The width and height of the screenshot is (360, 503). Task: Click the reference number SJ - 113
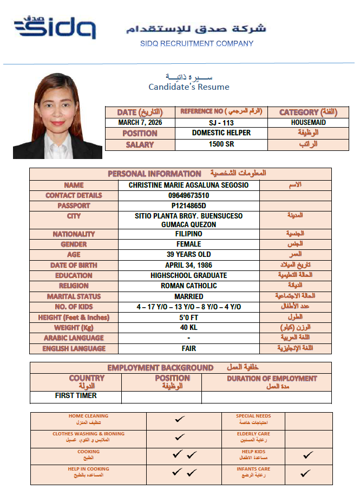pos(221,122)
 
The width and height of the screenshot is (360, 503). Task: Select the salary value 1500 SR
pos(221,144)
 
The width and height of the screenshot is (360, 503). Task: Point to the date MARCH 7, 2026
pos(140,122)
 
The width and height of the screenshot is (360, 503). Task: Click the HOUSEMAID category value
pos(308,122)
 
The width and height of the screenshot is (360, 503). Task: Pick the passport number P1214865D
pos(188,206)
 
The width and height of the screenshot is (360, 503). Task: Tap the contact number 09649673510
pos(188,195)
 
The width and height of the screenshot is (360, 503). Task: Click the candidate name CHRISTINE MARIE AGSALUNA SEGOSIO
pos(188,185)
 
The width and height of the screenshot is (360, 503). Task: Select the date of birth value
pos(188,265)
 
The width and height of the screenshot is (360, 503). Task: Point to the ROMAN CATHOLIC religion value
pos(188,286)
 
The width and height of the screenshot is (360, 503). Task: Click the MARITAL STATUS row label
pos(74,296)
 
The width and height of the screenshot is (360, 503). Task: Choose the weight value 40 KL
pos(188,327)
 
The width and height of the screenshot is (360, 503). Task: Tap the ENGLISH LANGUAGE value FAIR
pos(188,348)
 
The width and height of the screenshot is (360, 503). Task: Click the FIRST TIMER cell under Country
pos(76,395)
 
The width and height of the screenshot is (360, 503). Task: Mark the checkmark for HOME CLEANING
pos(180,419)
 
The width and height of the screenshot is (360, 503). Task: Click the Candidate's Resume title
pos(189,87)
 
